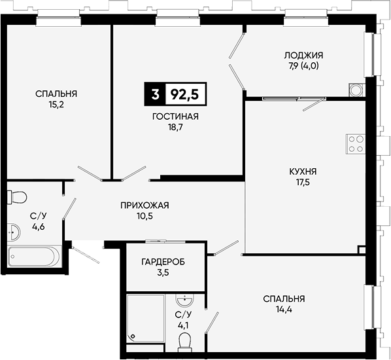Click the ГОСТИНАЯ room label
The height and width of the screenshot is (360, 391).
[175, 117]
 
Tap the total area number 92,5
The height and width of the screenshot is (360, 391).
[184, 94]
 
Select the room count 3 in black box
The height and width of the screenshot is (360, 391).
[155, 94]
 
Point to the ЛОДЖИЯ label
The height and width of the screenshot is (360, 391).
[303, 55]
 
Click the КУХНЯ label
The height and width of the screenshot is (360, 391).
[303, 171]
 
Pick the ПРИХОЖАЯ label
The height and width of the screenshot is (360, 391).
[144, 206]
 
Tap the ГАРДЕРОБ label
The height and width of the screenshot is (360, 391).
[163, 262]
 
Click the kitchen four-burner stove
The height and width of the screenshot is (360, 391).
[356, 144]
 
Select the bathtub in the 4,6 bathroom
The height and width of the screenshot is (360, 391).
[34, 257]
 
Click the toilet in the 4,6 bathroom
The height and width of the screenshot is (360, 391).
[17, 197]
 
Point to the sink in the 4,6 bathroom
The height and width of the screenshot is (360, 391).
[14, 232]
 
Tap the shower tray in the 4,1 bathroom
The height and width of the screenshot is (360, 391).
[145, 319]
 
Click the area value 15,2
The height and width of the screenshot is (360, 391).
[56, 105]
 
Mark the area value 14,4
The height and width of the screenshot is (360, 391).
[284, 310]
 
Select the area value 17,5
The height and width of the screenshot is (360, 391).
[303, 183]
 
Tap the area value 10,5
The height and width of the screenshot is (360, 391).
[144, 216]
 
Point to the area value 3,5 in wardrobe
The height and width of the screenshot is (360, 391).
[163, 273]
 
